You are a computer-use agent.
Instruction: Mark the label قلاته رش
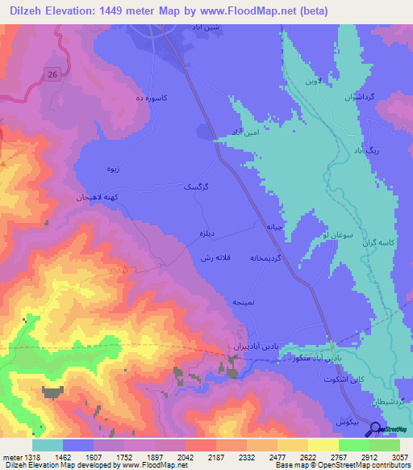tap(215, 257)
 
